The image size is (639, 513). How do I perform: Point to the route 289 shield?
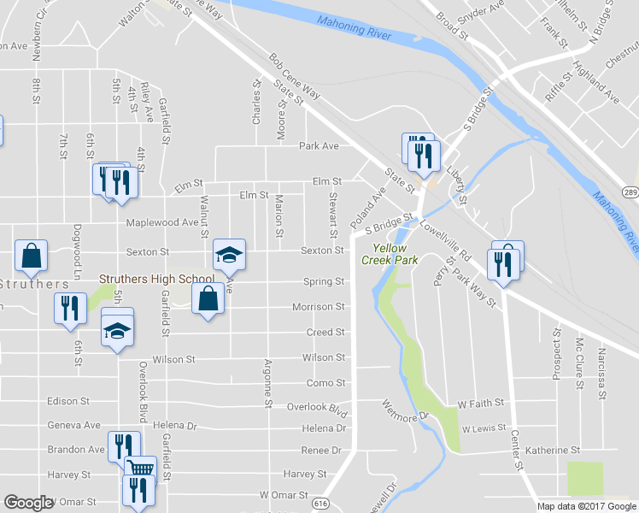(x=630, y=192)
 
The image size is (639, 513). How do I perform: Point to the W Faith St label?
(x=480, y=402)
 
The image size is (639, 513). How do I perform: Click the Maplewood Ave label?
(x=161, y=222)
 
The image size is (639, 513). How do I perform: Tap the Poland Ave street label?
(x=367, y=211)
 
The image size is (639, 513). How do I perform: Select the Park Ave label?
(x=319, y=145)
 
